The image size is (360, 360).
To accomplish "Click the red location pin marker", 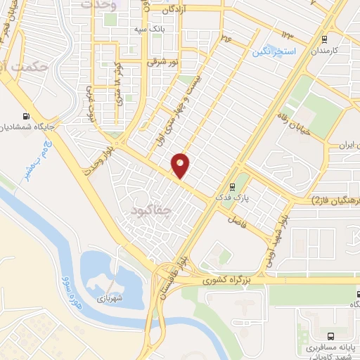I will (x=181, y=165).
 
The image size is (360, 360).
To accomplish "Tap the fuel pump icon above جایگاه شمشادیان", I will (x=27, y=117).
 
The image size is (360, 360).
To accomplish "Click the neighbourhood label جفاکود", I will (x=151, y=210).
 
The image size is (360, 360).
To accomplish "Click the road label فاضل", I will (x=233, y=219).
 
